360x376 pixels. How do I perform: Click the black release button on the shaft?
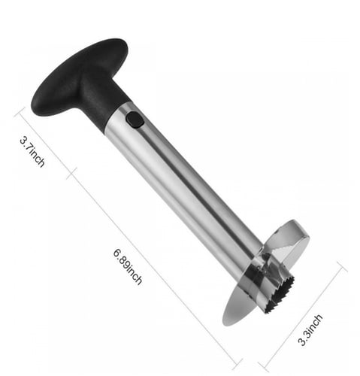pos(135,120)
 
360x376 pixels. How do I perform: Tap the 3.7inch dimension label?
pos(32,151)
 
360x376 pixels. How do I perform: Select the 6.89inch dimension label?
pos(128,266)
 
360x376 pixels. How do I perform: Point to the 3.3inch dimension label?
pos(310,330)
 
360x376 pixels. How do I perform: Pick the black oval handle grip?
pos(80,77)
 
